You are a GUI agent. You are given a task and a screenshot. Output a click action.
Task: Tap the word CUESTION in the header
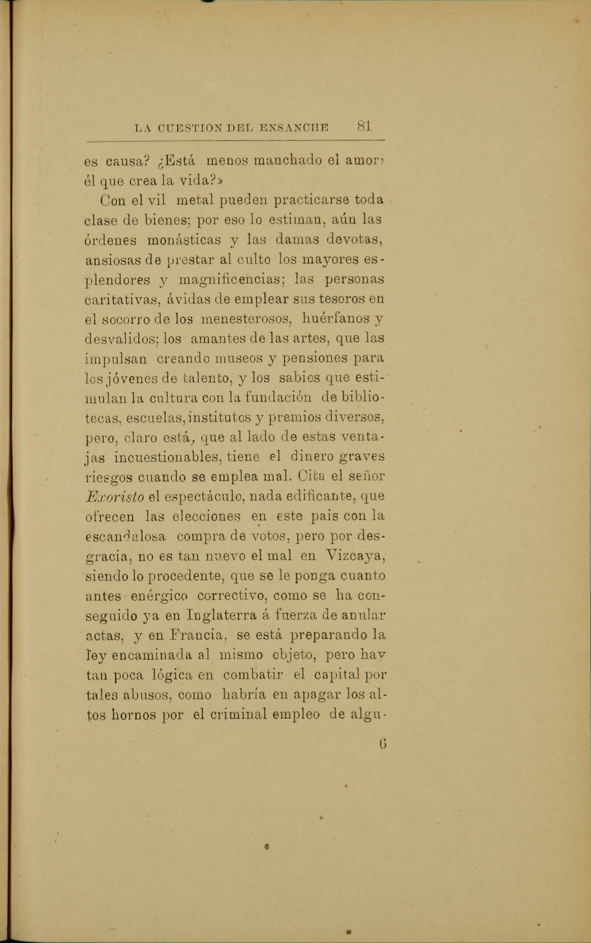click(185, 128)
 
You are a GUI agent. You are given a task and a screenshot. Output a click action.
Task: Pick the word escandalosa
click(125, 536)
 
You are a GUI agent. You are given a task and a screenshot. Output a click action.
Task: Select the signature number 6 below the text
click(383, 743)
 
